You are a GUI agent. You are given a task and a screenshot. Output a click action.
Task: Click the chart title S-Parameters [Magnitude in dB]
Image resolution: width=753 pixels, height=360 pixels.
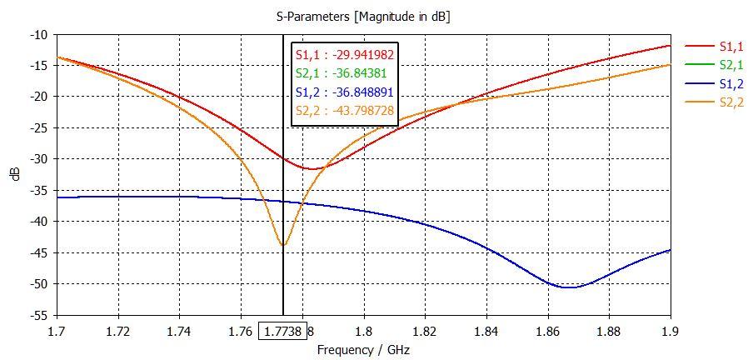(363, 16)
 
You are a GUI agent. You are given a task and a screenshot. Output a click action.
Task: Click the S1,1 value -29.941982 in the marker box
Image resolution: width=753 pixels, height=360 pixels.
(345, 55)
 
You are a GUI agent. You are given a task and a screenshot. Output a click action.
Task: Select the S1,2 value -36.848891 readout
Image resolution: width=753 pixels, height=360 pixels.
(345, 92)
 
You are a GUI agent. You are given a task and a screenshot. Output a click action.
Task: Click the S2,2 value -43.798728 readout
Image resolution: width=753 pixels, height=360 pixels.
(345, 110)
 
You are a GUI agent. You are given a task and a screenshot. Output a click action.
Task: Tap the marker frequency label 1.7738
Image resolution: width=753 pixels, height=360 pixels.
(283, 331)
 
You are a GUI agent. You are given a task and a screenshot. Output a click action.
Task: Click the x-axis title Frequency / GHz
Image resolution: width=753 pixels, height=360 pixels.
(363, 350)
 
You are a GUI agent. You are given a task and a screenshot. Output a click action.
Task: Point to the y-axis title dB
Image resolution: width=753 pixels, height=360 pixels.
(16, 176)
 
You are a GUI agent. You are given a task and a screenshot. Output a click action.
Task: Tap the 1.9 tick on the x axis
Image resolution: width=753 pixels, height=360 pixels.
(670, 331)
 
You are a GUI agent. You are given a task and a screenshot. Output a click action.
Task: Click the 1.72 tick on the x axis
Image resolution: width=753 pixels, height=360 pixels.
(118, 331)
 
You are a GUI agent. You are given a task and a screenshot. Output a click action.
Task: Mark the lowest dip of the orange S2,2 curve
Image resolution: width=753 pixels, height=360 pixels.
(283, 246)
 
